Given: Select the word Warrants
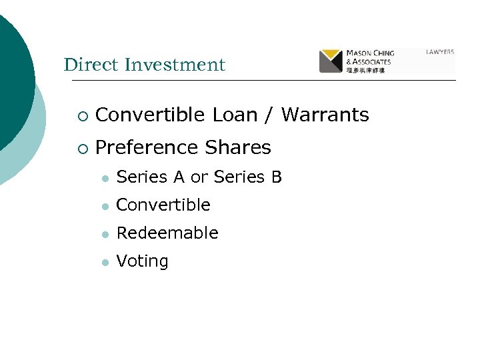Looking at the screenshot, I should click(325, 115).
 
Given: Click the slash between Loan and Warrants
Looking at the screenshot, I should click(269, 115).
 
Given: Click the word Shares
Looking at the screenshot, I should click(238, 147).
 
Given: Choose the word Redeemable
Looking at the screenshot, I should click(167, 233).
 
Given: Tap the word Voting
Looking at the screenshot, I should click(142, 261).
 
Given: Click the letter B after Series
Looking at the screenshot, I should click(277, 177).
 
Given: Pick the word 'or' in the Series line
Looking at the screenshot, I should click(199, 177).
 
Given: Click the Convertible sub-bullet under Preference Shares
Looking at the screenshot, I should click(163, 205).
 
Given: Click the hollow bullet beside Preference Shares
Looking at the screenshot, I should click(81, 147).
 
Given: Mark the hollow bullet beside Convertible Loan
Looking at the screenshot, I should click(81, 115).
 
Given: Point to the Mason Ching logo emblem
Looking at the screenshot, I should click(331, 61).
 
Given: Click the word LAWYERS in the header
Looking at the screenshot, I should click(440, 52).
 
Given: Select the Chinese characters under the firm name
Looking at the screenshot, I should click(365, 70).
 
